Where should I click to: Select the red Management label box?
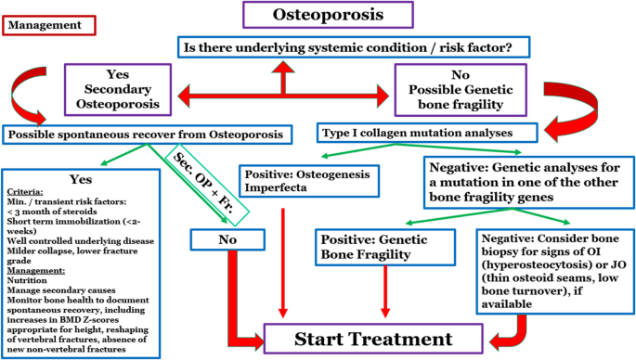click(43, 26)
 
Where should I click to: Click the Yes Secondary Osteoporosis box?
click(116, 91)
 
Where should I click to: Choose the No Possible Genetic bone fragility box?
click(452, 91)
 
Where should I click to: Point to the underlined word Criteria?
click(25, 188)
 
